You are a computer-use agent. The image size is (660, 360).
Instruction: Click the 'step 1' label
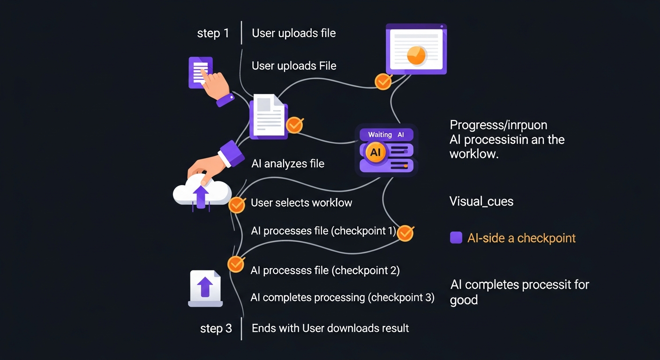213,34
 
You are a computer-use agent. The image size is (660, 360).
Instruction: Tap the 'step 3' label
216,329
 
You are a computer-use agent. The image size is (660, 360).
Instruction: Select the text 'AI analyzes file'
288,164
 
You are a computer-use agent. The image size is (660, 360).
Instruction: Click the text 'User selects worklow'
301,203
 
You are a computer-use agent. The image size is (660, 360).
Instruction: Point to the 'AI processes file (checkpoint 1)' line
323,231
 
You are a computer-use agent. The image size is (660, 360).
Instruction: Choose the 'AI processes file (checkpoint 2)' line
325,270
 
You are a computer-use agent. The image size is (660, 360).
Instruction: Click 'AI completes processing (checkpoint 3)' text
342,298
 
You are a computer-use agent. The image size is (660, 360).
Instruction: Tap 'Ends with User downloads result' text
330,328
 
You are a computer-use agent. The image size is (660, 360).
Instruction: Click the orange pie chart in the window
416,55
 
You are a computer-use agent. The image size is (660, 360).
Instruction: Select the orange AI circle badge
375,152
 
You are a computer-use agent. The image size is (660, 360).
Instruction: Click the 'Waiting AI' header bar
386,135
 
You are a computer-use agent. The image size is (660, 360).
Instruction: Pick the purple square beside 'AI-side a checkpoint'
456,238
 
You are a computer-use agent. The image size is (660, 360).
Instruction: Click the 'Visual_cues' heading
481,202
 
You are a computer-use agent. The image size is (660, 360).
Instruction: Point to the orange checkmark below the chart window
383,82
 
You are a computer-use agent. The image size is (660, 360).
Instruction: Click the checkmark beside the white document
294,125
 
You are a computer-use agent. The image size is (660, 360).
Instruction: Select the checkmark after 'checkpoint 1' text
405,233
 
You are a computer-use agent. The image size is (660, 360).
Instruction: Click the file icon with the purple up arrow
205,288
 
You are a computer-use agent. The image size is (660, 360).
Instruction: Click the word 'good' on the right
464,300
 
